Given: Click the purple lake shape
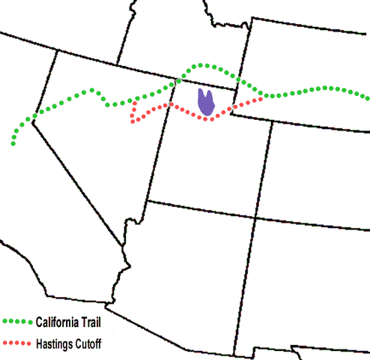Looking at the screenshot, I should coord(205,102).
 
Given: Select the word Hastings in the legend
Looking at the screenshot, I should coord(55,343).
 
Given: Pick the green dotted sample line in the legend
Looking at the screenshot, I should coord(17,322).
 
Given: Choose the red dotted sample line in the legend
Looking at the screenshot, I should coord(17,343).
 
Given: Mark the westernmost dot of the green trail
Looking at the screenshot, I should coord(13,143).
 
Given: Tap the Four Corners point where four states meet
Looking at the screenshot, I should coord(257,217).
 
